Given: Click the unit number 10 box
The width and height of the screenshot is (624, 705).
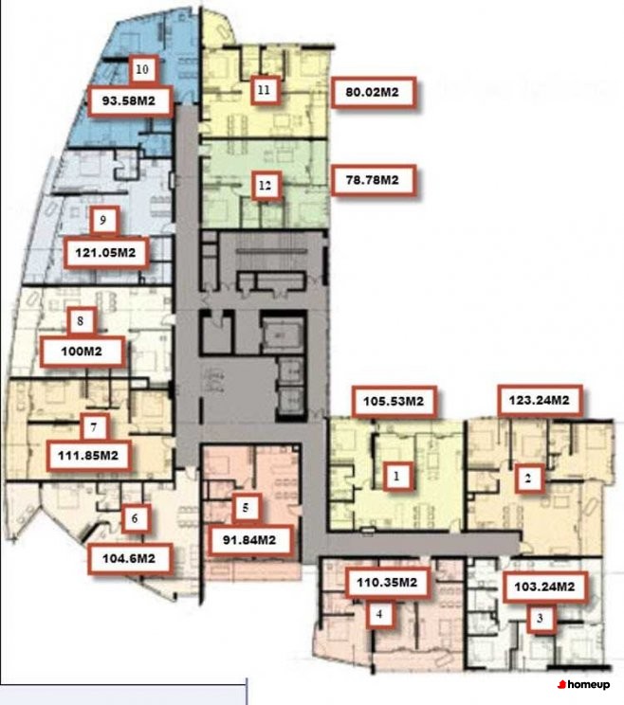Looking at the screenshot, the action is click(142, 69).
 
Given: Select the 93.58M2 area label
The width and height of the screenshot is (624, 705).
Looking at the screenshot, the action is click(129, 100).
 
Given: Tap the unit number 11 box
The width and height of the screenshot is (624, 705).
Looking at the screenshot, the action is click(264, 90).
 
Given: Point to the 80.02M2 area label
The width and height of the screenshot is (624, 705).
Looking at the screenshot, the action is click(372, 93).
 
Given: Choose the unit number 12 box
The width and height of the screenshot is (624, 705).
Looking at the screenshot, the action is click(265, 185).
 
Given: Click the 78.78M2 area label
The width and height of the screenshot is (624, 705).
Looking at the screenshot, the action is click(373, 180).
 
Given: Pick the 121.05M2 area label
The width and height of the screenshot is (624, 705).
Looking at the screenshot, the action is click(105, 253).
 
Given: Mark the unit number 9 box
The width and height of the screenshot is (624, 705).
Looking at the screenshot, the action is click(103, 220).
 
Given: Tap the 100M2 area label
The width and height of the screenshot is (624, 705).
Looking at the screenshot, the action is click(82, 352).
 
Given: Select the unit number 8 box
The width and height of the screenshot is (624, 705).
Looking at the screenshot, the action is click(81, 321).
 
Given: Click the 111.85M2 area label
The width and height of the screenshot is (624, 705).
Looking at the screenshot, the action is click(88, 456).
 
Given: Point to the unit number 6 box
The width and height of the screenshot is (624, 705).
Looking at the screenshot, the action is click(135, 518).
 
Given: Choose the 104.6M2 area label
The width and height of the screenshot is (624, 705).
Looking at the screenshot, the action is click(129, 559).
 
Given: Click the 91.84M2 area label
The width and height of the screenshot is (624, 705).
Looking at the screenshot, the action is click(249, 540).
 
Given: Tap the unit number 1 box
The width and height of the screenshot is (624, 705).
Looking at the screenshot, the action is click(396, 476).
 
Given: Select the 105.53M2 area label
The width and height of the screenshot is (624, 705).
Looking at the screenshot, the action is click(394, 401).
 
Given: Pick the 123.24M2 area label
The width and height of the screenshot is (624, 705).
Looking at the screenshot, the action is click(540, 400).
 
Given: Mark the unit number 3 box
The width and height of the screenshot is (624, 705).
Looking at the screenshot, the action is click(540, 619).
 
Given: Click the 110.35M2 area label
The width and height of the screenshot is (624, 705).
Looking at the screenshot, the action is click(387, 583).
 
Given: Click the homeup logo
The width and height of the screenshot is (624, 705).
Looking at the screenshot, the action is click(584, 684).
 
